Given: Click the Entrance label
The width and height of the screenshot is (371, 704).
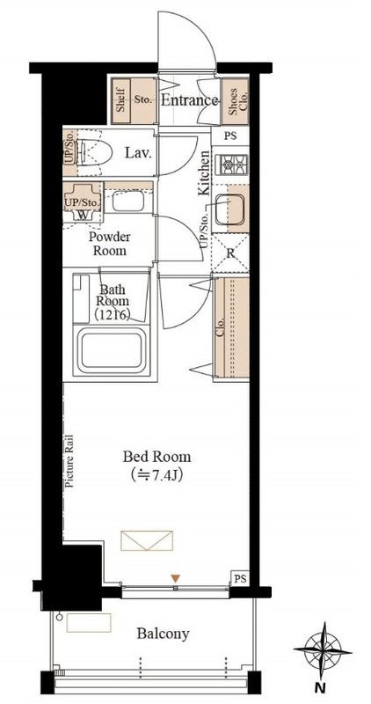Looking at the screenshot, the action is pos(189,100).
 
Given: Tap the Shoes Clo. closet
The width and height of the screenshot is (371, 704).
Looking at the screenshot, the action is pos(235,101).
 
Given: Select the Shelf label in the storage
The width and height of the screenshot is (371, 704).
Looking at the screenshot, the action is pos(120,101).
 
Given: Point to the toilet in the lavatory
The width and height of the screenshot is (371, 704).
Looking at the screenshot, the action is pos(93,152).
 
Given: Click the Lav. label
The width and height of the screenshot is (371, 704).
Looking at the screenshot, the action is pos(138,153).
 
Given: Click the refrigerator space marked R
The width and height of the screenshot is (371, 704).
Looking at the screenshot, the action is pos(230,253).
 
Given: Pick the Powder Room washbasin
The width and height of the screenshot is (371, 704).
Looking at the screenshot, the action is pos(127,201).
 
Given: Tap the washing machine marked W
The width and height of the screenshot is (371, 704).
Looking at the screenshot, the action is pos(83,205).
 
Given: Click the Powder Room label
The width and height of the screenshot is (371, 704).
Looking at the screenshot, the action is pos(110,244).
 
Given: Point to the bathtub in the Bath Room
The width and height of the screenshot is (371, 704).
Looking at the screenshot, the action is pos(112,350).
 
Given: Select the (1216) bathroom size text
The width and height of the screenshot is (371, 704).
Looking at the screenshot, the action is pos(113,315).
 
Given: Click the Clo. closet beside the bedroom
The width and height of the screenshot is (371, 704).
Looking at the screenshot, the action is pos(231,327).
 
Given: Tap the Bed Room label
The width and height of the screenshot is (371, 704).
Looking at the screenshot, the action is pos(156,457).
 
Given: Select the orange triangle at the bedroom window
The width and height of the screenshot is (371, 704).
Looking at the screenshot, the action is pos(176,579).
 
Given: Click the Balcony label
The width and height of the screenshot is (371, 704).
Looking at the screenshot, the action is pos(163,634).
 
